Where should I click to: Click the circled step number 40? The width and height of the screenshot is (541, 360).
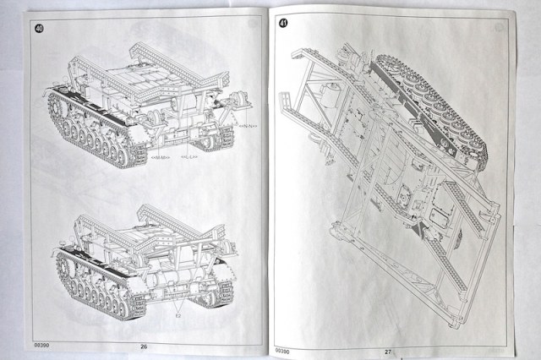tap(40, 28)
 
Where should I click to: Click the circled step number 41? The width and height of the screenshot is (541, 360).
tap(284, 23)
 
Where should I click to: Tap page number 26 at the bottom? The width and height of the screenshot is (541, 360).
tap(145, 346)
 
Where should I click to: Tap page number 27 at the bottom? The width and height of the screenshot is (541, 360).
tap(388, 350)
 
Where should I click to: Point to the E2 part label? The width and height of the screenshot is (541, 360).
tap(178, 312)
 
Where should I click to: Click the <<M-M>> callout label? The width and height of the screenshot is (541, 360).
tap(161, 158)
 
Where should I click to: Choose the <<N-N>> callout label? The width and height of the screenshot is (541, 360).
tap(249, 126)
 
